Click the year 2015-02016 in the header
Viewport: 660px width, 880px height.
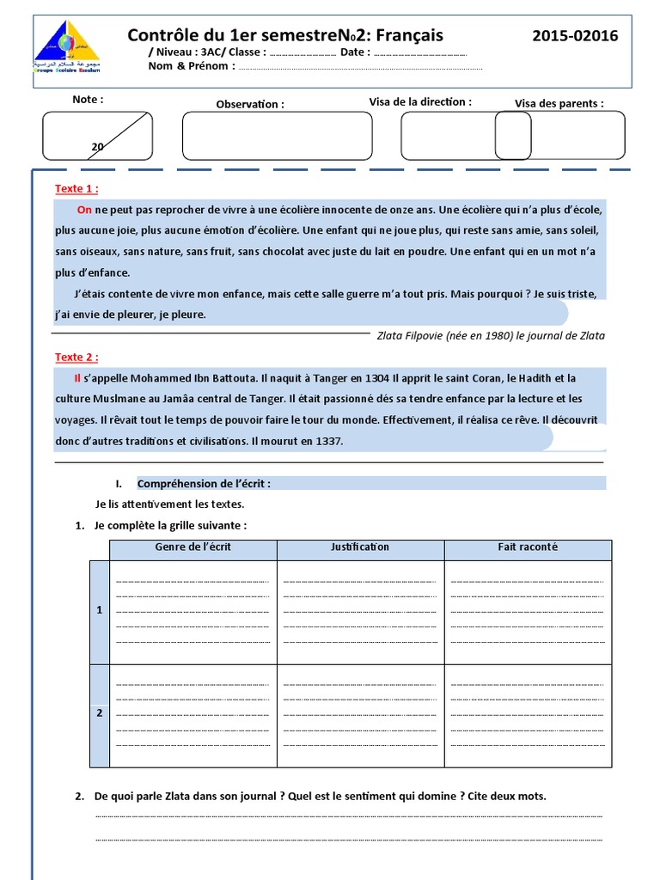tap(575, 35)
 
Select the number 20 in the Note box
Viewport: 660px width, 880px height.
tap(98, 147)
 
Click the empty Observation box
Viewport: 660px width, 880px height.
tap(277, 136)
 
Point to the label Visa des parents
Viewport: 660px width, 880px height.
tap(559, 104)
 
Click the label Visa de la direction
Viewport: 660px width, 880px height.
tap(420, 101)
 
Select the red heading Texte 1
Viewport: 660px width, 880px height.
tap(76, 189)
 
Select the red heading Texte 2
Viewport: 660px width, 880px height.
tap(76, 357)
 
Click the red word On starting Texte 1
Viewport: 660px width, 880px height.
tap(84, 210)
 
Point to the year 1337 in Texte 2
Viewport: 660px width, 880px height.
tap(328, 442)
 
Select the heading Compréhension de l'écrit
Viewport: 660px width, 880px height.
tap(204, 484)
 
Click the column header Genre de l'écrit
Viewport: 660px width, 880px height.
tap(192, 547)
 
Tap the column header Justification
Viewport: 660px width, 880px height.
tap(360, 547)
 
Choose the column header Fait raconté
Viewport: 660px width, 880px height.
tap(528, 547)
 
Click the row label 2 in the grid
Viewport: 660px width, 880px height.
tap(100, 713)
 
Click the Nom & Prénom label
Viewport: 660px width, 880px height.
tap(188, 66)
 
